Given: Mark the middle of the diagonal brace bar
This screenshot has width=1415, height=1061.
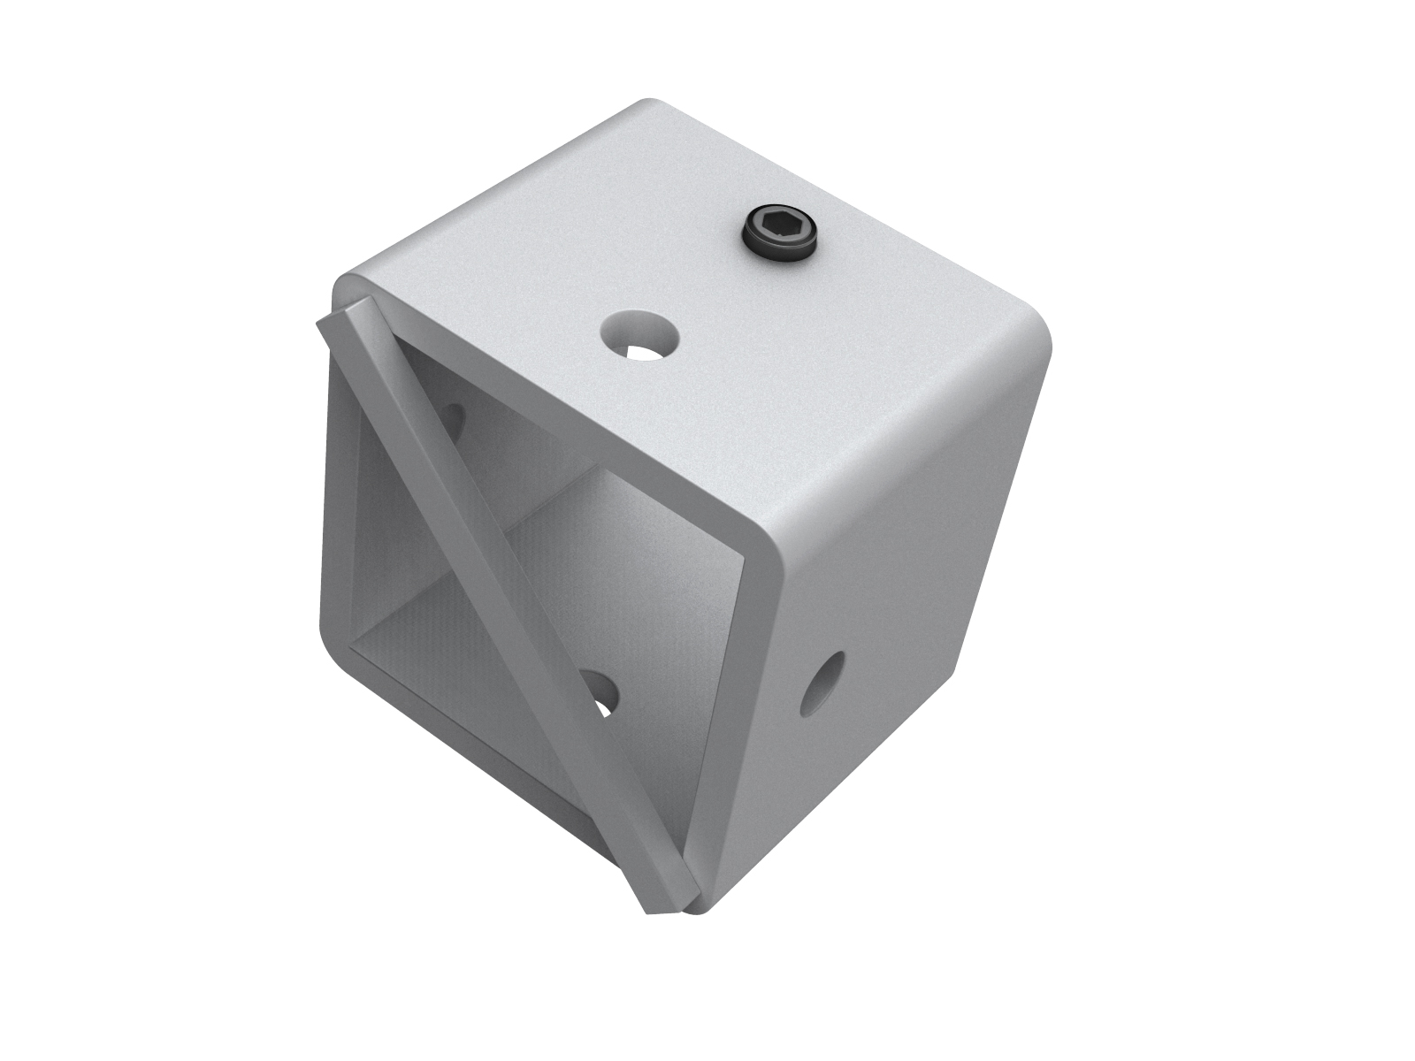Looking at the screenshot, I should coord(495,601).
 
